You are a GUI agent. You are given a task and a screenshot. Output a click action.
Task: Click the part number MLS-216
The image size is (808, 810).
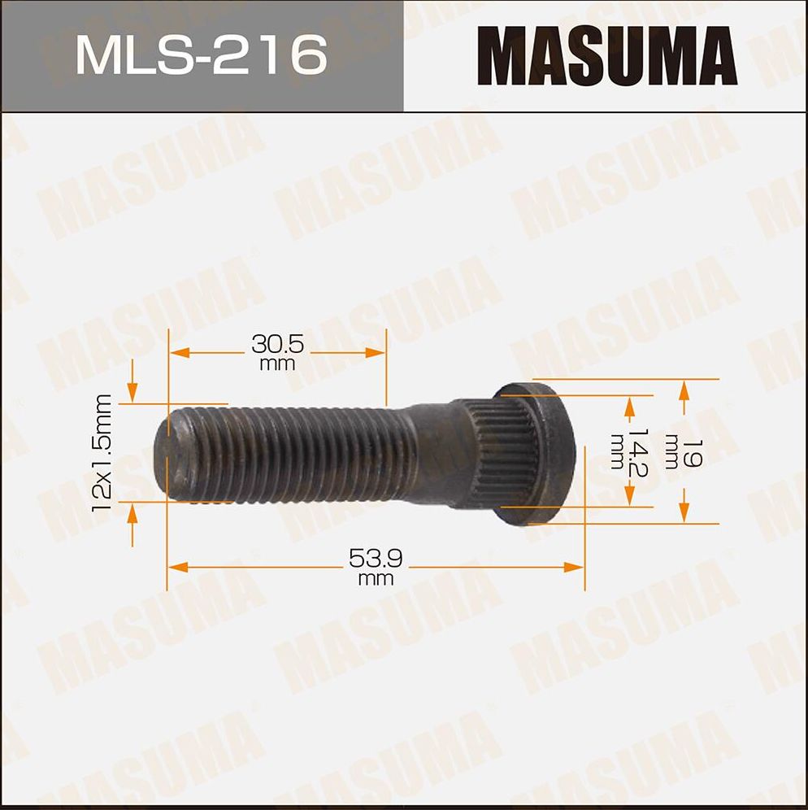pos(201,55)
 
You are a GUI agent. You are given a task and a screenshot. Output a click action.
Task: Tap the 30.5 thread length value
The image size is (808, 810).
pos(277,345)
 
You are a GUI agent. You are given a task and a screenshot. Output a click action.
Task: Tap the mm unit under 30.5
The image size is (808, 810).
pos(277,364)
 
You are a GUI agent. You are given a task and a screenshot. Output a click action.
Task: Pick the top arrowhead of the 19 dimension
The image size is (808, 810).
pos(684,390)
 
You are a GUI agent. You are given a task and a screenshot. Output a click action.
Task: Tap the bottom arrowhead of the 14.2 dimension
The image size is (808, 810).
pos(628,496)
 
